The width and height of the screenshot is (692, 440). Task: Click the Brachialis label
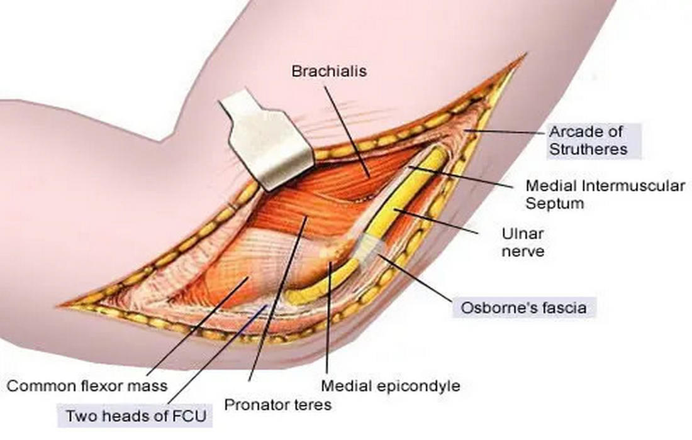(x=328, y=71)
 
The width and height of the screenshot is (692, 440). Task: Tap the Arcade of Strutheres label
(x=588, y=141)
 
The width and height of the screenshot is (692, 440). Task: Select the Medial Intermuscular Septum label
(x=605, y=195)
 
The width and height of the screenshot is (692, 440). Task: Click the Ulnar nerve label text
(x=522, y=243)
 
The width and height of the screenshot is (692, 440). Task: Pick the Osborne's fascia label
(x=523, y=308)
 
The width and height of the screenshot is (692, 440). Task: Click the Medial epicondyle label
(x=390, y=385)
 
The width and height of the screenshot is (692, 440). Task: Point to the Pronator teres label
(x=277, y=404)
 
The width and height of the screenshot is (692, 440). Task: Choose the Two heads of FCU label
(x=136, y=416)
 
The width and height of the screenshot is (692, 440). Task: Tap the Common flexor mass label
(x=87, y=385)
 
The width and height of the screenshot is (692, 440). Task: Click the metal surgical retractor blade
(x=267, y=138)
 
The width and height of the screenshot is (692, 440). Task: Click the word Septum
(x=554, y=204)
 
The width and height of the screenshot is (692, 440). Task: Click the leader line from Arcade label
(x=503, y=131)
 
